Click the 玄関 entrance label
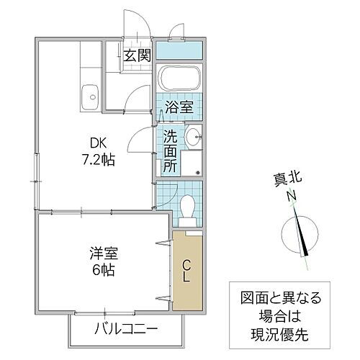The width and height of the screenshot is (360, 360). [x=136, y=55]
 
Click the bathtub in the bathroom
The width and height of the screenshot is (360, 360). [x=178, y=80]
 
